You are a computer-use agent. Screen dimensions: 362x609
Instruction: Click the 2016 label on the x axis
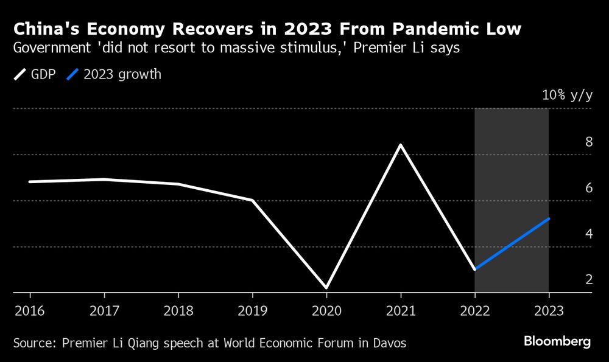click(29, 310)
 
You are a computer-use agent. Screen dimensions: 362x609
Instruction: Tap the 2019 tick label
click(252, 310)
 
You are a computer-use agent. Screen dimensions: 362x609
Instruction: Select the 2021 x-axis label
click(401, 310)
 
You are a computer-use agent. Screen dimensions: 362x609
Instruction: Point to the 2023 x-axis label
click(549, 310)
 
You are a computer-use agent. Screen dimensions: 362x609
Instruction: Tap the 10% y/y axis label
click(567, 96)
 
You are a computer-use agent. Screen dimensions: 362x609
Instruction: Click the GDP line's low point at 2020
click(326, 287)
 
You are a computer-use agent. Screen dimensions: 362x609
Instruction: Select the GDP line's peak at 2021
click(401, 145)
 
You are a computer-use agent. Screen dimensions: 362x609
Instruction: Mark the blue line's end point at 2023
click(549, 218)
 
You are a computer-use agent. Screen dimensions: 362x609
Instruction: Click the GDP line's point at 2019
click(252, 200)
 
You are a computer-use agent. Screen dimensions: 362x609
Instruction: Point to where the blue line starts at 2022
click(475, 269)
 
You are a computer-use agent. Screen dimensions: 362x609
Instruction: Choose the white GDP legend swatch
click(19, 75)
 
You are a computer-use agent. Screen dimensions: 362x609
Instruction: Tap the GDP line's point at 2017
click(104, 179)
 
